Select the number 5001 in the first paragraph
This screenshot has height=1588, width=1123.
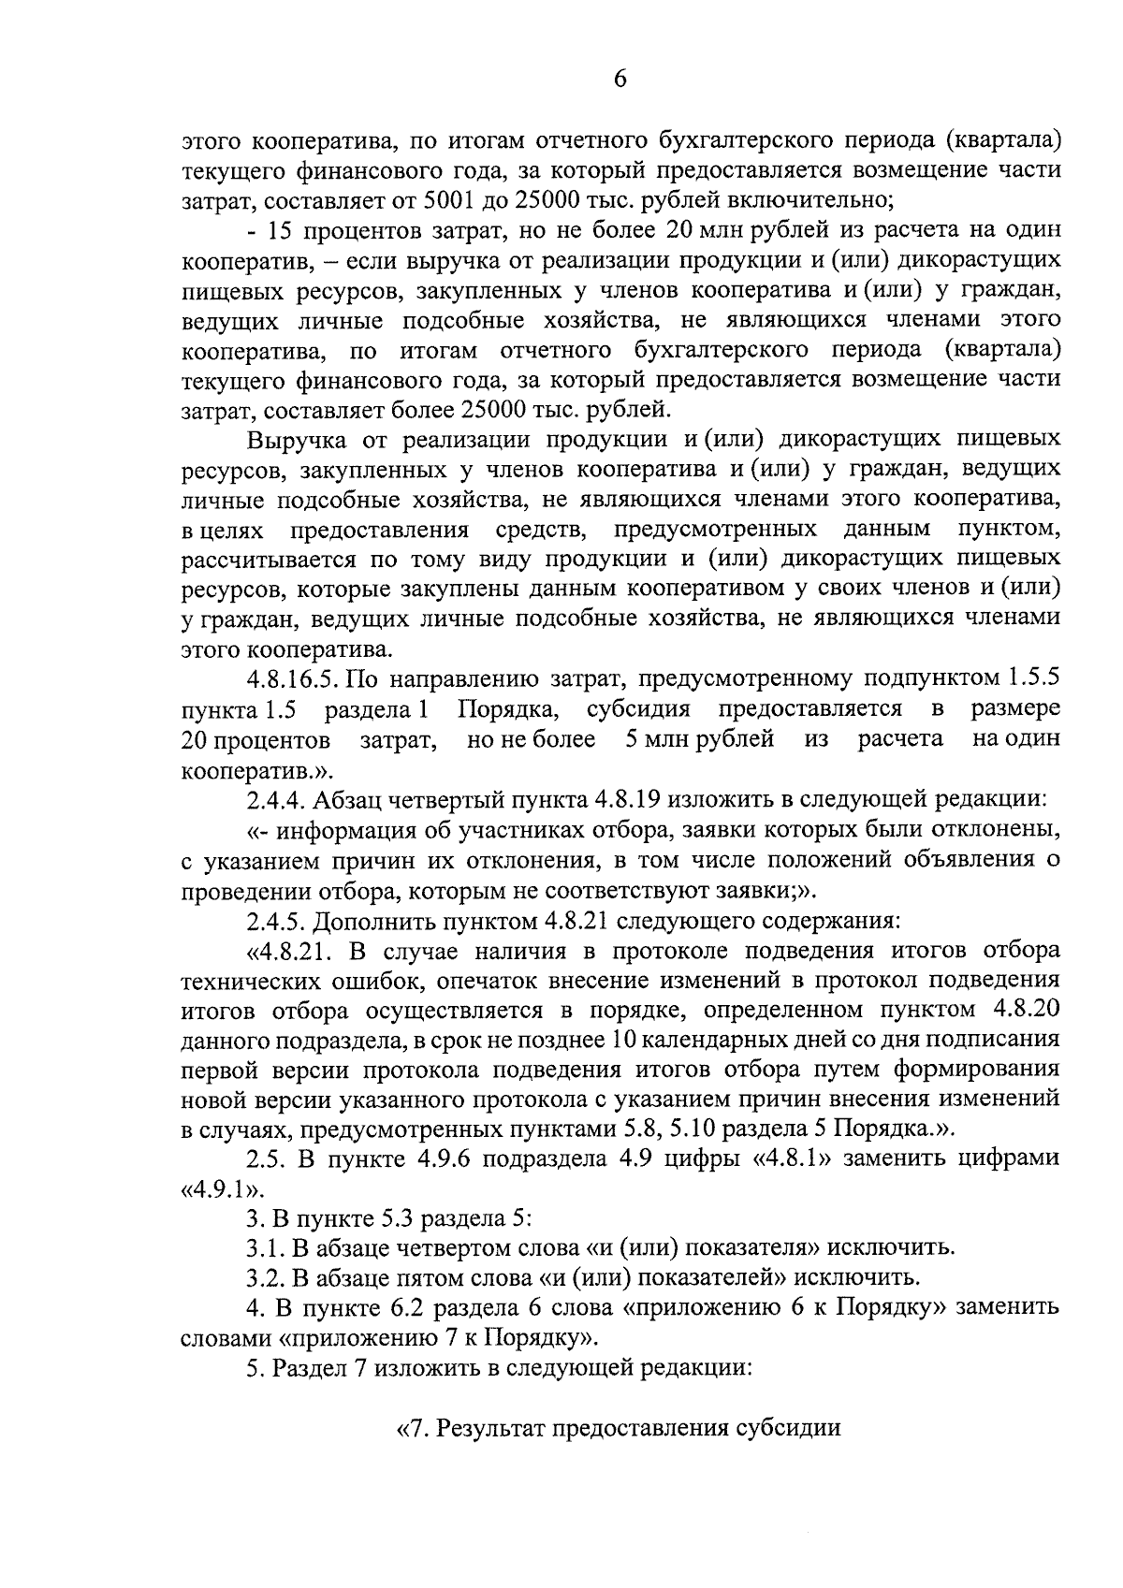450,200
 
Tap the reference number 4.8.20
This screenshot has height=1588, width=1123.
1019,1011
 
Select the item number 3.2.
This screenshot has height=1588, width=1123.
265,1278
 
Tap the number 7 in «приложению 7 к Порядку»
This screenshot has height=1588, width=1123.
452,1338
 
